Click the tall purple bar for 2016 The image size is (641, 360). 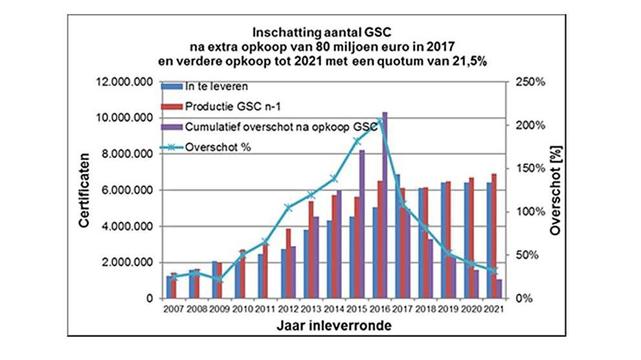point(385,207)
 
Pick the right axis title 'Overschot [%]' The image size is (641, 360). point(554,192)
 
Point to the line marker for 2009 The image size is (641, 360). point(219,279)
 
